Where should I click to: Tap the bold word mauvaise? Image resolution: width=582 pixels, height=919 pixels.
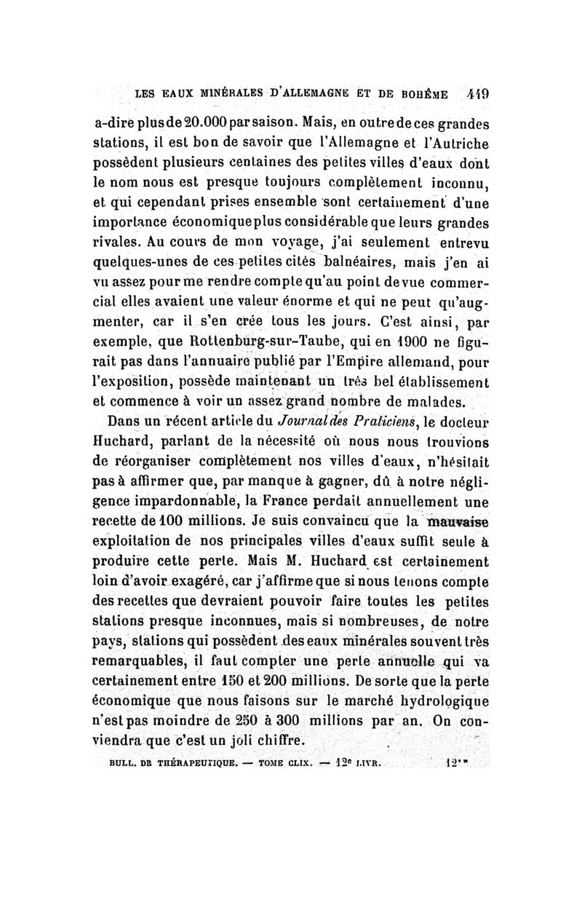click(460, 521)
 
